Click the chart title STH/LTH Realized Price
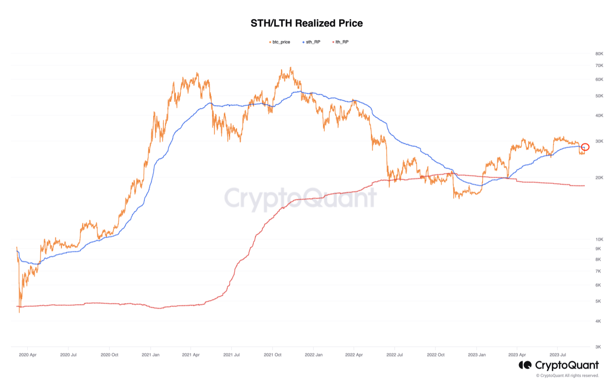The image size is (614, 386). [307, 23]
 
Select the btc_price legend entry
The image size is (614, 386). [281, 42]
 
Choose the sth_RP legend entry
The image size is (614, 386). [312, 42]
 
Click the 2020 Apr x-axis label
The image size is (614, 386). [27, 355]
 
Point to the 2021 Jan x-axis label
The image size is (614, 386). [151, 355]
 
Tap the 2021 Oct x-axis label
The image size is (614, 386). [272, 355]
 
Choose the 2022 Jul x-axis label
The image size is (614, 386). [394, 355]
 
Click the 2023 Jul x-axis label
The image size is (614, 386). [557, 355]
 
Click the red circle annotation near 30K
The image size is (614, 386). [585, 147]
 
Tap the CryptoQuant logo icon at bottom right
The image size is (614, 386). [525, 365]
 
